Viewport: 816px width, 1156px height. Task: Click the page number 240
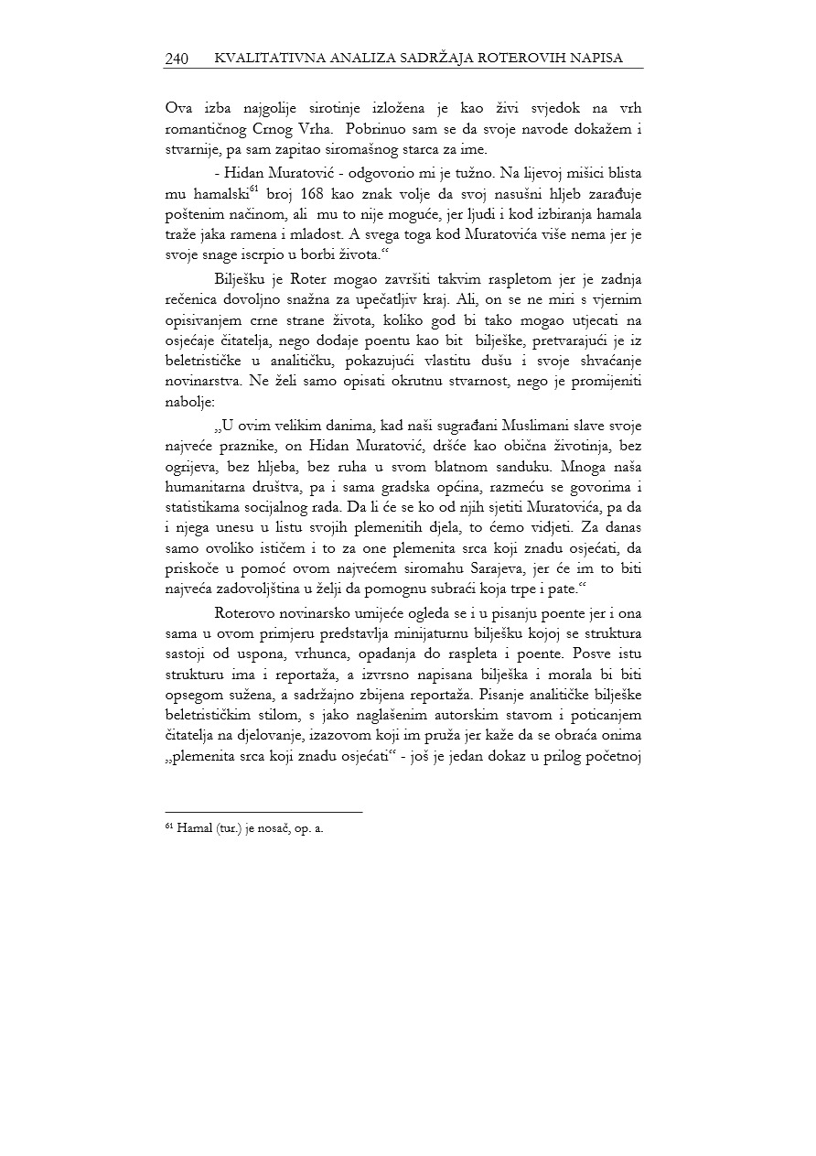click(177, 59)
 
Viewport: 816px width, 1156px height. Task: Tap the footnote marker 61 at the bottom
click(169, 826)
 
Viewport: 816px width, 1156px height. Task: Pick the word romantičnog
click(206, 129)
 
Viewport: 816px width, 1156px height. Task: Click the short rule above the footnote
click(263, 812)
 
